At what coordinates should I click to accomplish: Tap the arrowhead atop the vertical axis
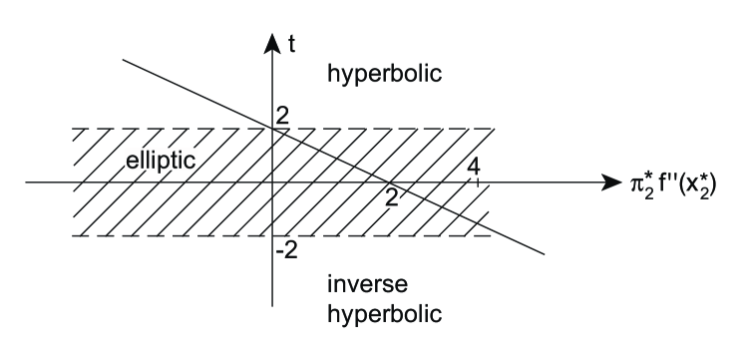(271, 41)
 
